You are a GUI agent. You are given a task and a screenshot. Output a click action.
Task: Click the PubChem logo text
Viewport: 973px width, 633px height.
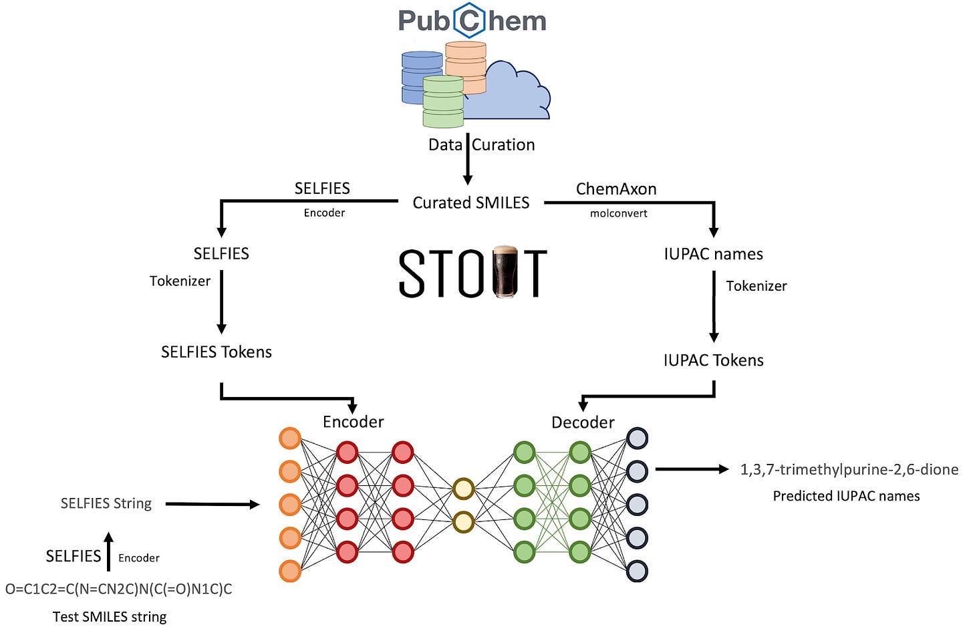tap(472, 21)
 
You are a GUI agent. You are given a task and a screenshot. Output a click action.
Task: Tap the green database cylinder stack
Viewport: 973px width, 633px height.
tap(442, 102)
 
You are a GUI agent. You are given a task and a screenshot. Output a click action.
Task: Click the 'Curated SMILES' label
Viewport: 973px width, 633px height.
tap(470, 203)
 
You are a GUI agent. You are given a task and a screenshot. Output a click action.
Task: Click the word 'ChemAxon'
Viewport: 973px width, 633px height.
tap(615, 189)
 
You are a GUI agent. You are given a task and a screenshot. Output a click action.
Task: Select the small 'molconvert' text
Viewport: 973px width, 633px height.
tap(618, 214)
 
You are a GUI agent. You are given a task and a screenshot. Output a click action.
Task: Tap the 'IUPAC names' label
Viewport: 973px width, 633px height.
tap(713, 254)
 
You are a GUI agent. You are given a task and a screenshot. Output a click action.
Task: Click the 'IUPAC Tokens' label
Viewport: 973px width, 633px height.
tap(713, 360)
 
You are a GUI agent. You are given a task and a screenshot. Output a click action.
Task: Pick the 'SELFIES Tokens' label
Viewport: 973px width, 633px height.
tap(216, 352)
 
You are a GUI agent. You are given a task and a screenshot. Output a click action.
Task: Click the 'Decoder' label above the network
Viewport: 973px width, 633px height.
tap(583, 422)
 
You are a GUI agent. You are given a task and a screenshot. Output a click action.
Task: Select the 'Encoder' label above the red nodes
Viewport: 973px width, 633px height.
tap(353, 422)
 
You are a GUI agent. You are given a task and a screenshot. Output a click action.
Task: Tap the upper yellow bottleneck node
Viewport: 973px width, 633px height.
tap(463, 489)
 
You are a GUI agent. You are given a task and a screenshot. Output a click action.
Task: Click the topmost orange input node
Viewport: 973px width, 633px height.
tap(289, 438)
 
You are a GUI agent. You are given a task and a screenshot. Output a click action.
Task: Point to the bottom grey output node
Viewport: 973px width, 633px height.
tap(637, 572)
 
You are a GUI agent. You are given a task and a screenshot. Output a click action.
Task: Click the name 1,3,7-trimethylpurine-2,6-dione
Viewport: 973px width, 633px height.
tap(849, 470)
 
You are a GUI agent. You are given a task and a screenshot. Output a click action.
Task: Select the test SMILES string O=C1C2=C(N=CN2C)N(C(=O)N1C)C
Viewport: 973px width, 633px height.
tap(119, 590)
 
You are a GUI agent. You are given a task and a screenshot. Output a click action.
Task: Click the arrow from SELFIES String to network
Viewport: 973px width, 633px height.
tap(212, 505)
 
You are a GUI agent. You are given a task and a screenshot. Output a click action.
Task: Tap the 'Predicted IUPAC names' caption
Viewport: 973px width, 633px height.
tap(846, 497)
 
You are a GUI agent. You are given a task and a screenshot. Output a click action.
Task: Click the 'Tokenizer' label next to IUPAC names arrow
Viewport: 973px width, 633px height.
tap(756, 286)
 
